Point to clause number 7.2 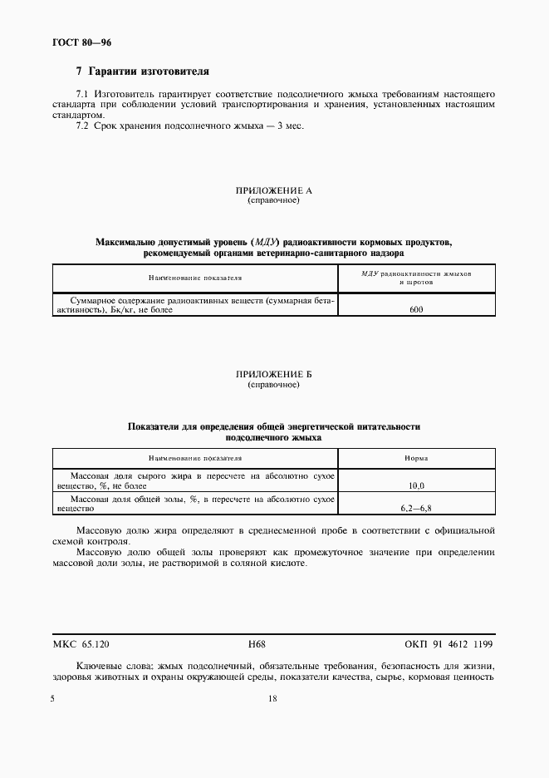point(81,127)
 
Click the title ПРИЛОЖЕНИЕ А point(273,191)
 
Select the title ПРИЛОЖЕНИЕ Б point(273,376)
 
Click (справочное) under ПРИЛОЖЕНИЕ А point(273,201)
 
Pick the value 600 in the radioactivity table point(417,308)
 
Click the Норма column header point(417,457)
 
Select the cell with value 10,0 point(417,484)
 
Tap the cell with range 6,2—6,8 point(417,507)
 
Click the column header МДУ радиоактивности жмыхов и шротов point(417,278)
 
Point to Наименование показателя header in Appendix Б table point(195,457)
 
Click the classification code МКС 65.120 point(81,644)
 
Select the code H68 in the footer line point(257,644)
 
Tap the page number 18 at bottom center point(272,699)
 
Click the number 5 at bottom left point(52,699)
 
